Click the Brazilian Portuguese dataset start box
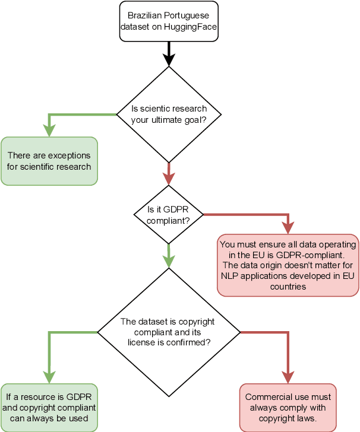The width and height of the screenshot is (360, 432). (169, 21)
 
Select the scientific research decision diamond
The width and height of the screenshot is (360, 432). (169, 114)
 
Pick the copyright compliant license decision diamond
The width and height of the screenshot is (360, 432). (169, 332)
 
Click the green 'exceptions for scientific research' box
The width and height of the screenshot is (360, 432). (49, 161)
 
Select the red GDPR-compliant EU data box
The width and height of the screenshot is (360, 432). (288, 265)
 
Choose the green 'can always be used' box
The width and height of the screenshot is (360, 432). (49, 408)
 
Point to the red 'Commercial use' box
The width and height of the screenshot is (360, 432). (288, 408)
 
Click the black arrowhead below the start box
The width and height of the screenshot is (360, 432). (169, 59)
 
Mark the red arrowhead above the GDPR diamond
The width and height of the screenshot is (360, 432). (169, 178)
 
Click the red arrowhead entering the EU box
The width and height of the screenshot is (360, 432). (288, 227)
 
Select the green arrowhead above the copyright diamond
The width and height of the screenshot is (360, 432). (169, 261)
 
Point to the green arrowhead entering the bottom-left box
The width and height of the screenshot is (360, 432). (49, 377)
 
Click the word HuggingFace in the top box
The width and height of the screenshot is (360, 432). (186, 27)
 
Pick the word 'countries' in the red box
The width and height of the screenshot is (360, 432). (288, 286)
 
